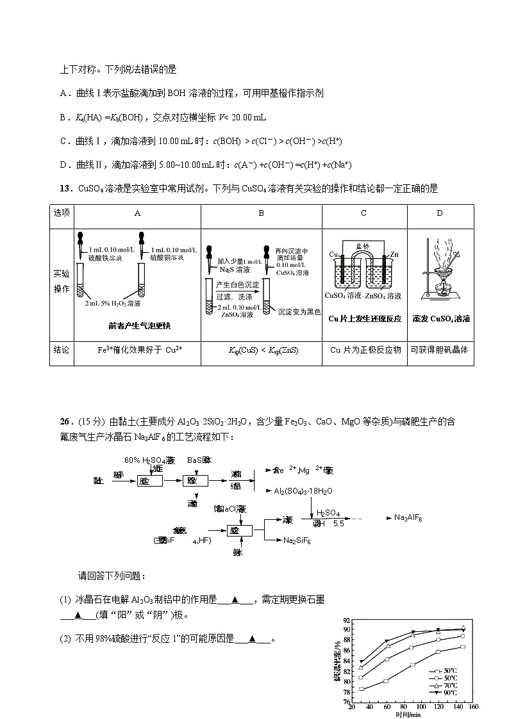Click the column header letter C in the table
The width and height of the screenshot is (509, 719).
[x=363, y=213]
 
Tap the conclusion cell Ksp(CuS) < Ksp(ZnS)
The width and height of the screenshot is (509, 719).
[x=261, y=350]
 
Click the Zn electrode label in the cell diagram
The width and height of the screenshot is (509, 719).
[x=396, y=254]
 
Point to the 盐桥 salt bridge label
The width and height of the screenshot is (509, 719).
[x=363, y=246]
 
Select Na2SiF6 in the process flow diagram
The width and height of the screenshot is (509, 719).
[x=297, y=541]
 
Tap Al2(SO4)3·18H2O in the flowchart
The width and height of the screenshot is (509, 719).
[x=303, y=490]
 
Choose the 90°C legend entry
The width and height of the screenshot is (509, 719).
[x=450, y=693]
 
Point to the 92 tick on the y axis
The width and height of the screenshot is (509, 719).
[x=346, y=620]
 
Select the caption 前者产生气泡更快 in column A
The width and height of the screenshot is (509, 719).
[x=140, y=326]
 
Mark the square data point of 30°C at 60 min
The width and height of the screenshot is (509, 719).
[x=387, y=681]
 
